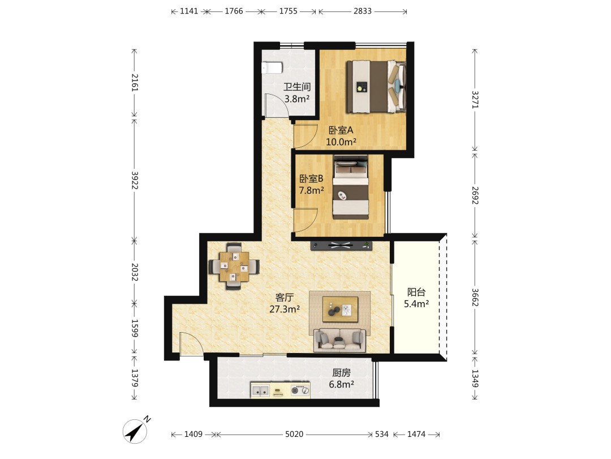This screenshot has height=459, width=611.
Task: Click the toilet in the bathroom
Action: click(272, 68)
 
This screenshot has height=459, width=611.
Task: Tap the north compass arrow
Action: click(135, 431)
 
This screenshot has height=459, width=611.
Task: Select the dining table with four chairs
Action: click(234, 266)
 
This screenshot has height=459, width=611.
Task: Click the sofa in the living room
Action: click(340, 340)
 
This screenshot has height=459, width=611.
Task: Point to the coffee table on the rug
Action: click(340, 309)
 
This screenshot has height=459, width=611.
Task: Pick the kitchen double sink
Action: click(260, 390)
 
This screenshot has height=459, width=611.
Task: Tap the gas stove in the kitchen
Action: click(300, 390)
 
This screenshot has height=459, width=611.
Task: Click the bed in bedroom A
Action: click(376, 87)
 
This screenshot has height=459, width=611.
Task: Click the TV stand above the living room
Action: click(341, 246)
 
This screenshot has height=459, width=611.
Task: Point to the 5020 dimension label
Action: click(294, 434)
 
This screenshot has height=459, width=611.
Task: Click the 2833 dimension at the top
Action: click(363, 11)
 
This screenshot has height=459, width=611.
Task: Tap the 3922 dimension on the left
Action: click(135, 180)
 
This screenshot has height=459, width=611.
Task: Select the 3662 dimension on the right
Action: click(475, 297)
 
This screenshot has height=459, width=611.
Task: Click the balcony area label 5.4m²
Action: click(416, 304)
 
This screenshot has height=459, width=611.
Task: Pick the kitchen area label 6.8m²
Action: click(341, 384)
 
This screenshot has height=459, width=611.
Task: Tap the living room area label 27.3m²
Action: click(285, 309)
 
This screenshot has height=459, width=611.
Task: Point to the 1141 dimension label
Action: click(189, 11)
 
